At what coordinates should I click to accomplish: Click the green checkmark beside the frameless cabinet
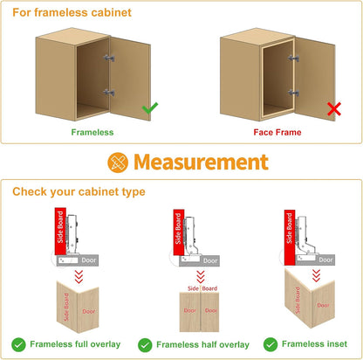[x=150, y=108]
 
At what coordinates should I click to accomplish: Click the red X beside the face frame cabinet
[x=334, y=109]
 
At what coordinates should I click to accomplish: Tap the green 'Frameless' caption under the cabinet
[x=92, y=132]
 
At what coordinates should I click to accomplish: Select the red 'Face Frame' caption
[x=277, y=132]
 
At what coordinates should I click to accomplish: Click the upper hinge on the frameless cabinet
[x=109, y=58]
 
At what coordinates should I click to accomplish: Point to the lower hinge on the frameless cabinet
[x=109, y=93]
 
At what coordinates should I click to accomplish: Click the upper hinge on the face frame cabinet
[x=293, y=58]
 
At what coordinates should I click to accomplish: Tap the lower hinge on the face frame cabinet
[x=293, y=93]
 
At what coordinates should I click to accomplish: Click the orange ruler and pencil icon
[x=118, y=163]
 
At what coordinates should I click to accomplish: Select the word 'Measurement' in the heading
[x=201, y=162]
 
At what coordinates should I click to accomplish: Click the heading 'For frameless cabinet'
[x=72, y=12]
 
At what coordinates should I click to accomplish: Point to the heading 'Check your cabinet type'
[x=79, y=191]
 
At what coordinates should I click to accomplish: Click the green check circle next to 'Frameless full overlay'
[x=18, y=345]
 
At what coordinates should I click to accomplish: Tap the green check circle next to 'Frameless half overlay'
[x=145, y=345]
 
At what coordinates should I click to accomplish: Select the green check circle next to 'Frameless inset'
[x=271, y=344]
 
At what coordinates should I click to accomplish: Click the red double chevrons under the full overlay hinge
[x=79, y=277]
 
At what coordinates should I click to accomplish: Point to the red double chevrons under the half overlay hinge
[x=201, y=277]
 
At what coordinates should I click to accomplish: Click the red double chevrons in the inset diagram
[x=316, y=275]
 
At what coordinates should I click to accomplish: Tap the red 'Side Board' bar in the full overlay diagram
[x=60, y=232]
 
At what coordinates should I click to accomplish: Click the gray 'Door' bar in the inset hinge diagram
[x=315, y=260]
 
